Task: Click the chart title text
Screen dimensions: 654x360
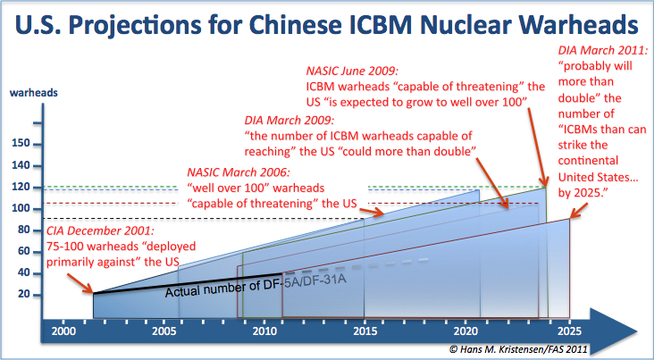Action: tap(327, 24)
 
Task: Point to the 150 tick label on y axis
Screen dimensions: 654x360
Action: tap(21, 144)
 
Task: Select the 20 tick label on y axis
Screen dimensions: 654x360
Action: tap(24, 295)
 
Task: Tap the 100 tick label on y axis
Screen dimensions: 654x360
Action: tap(21, 208)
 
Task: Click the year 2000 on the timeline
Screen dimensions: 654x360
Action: tap(63, 331)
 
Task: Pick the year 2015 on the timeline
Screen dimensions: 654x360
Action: tap(365, 331)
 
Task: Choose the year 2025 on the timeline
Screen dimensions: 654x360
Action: tap(569, 331)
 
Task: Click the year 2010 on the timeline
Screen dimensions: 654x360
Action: tap(264, 331)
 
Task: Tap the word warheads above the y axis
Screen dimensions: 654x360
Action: tap(33, 93)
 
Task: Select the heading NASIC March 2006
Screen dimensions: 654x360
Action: tap(239, 172)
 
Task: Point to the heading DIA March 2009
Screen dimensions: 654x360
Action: tap(289, 121)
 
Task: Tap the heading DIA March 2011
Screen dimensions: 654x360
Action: tap(603, 51)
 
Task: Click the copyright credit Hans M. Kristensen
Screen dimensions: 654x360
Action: tap(519, 348)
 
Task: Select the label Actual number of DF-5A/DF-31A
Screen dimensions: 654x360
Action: tap(256, 286)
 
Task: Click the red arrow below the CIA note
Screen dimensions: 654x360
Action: tap(80, 283)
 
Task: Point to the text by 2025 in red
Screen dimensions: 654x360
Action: tap(583, 193)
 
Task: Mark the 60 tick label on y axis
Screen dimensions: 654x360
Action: tap(24, 251)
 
